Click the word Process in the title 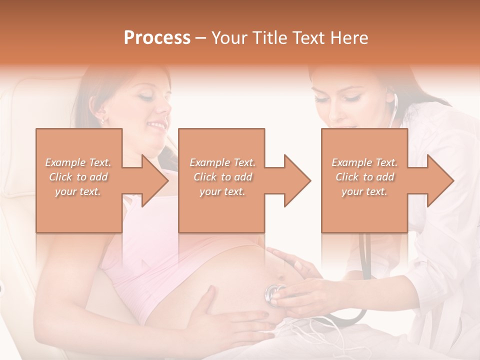tap(157, 37)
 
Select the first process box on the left tap(79, 180)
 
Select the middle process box tap(221, 180)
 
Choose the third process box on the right tap(364, 180)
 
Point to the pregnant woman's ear tap(101, 114)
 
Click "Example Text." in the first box tap(78, 162)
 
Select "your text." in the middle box tap(222, 191)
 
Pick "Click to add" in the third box tap(364, 177)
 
